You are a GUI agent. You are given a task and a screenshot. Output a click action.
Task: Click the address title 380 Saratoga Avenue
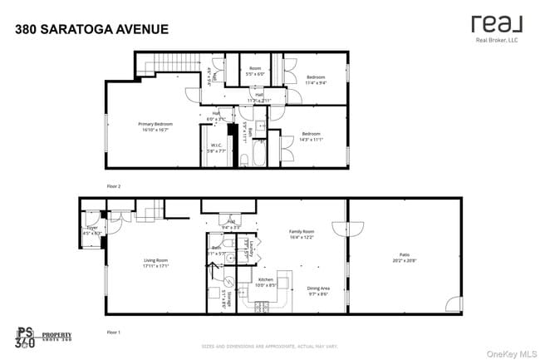pyautogui.click(x=91, y=29)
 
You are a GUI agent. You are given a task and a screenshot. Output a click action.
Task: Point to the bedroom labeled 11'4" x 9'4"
pyautogui.click(x=315, y=79)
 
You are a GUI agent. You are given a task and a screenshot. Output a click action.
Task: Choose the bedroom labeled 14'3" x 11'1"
pyautogui.click(x=311, y=136)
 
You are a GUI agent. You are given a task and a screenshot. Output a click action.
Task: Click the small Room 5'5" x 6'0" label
pyautogui.click(x=255, y=71)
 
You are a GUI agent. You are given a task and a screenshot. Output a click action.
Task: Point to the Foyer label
pyautogui.click(x=92, y=230)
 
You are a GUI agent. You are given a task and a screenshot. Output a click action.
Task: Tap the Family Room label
pyautogui.click(x=301, y=234)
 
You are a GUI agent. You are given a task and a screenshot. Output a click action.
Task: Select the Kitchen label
pyautogui.click(x=265, y=282)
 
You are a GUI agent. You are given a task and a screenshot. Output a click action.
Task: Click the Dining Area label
pyautogui.click(x=320, y=291)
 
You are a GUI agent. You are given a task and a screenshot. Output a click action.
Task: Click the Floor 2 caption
pyautogui.click(x=114, y=186)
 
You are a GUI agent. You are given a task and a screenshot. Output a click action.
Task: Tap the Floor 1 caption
pyautogui.click(x=114, y=332)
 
